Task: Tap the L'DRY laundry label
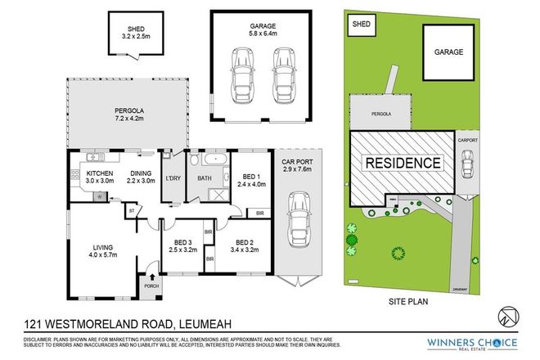[x=173, y=178]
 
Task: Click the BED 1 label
[x=250, y=179]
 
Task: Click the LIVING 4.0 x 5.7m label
[x=101, y=251]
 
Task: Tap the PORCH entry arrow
[x=150, y=277]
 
